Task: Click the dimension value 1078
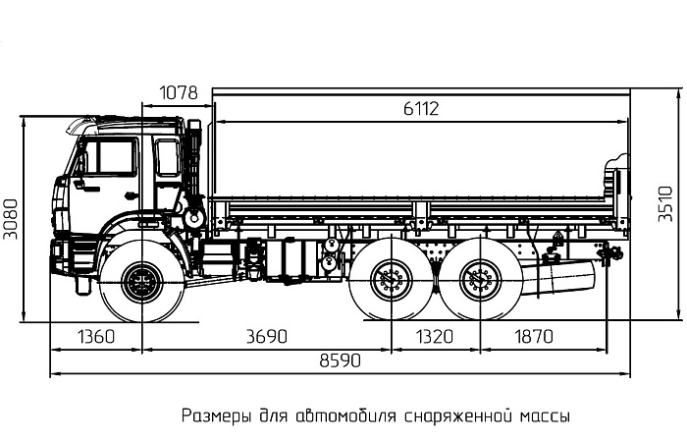(x=179, y=93)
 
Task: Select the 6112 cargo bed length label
(x=420, y=109)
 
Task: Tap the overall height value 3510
(x=665, y=204)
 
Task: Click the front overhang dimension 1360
(x=95, y=336)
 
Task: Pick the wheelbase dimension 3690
(x=266, y=336)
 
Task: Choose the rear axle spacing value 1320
(x=435, y=336)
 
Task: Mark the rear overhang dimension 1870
(x=533, y=336)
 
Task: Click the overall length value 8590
(x=340, y=359)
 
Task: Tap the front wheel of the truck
(x=142, y=283)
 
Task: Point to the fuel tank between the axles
(x=294, y=258)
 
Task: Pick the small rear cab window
(x=168, y=157)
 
